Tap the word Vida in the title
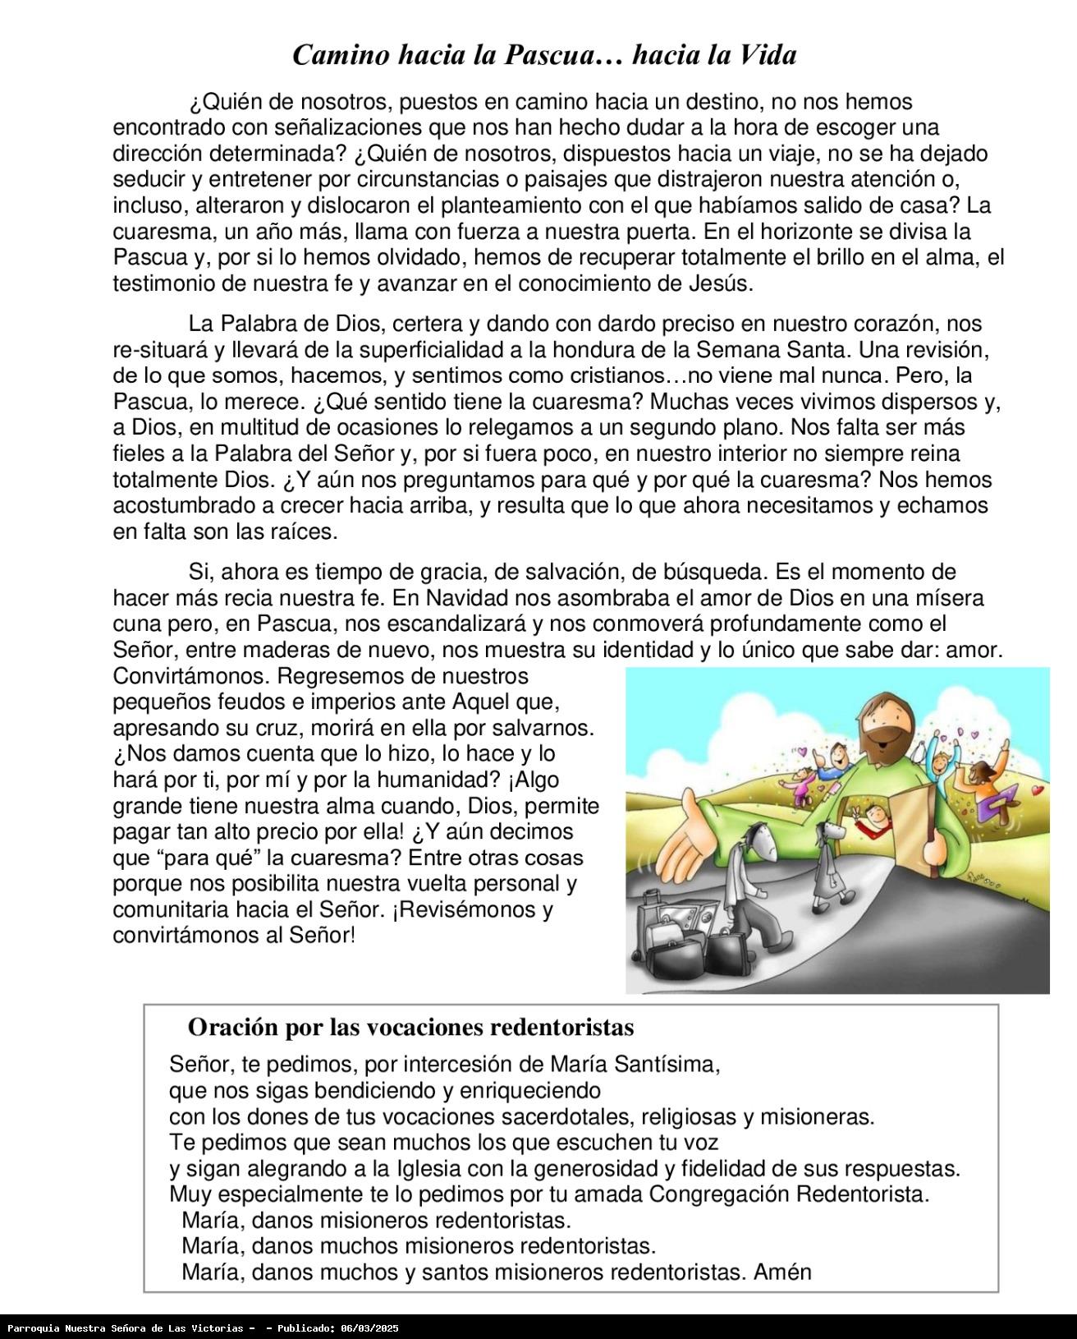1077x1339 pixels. (767, 55)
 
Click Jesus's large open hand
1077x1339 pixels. (686, 854)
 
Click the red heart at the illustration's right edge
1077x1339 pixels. (1038, 791)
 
